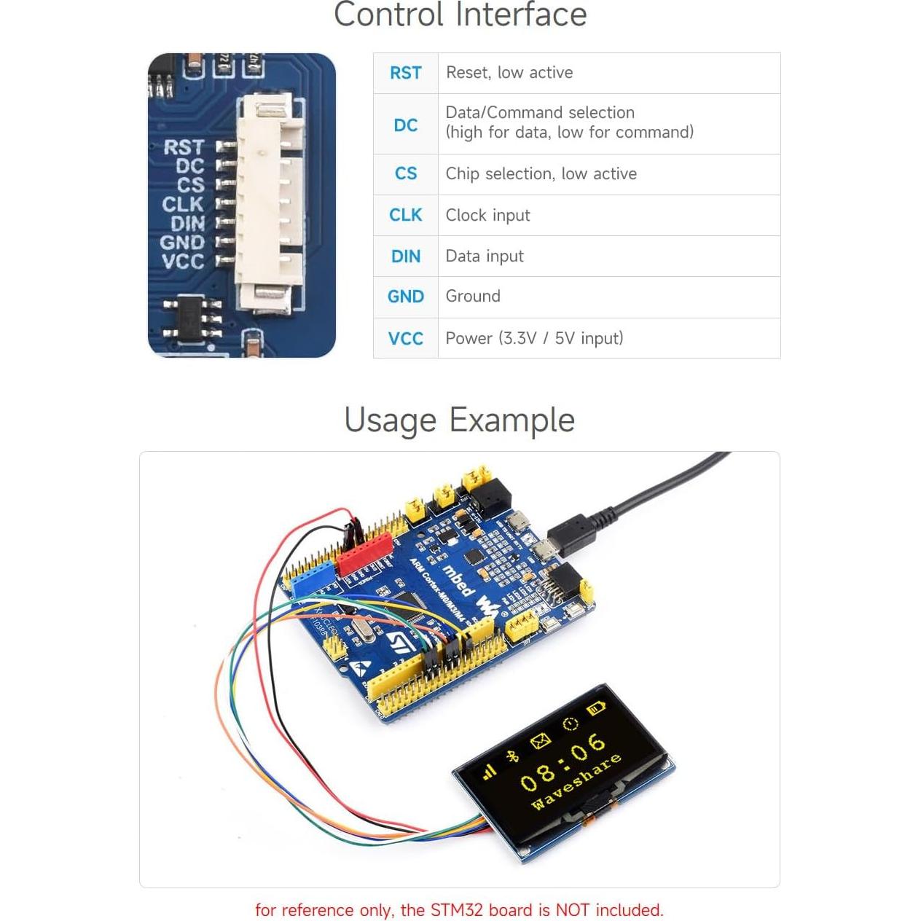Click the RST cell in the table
tap(405, 73)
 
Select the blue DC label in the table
tap(405, 125)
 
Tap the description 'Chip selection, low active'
tap(541, 174)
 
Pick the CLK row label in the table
tap(405, 215)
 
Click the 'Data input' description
tap(485, 256)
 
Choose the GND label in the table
tap(405, 297)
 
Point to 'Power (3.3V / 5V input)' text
tap(534, 338)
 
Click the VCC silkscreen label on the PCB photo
tap(182, 262)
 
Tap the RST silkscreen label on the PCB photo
tap(183, 147)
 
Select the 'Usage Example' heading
tap(459, 420)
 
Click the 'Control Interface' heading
tap(460, 15)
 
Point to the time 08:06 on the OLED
tap(563, 762)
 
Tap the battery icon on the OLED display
tap(596, 708)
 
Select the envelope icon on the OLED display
tap(540, 741)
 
